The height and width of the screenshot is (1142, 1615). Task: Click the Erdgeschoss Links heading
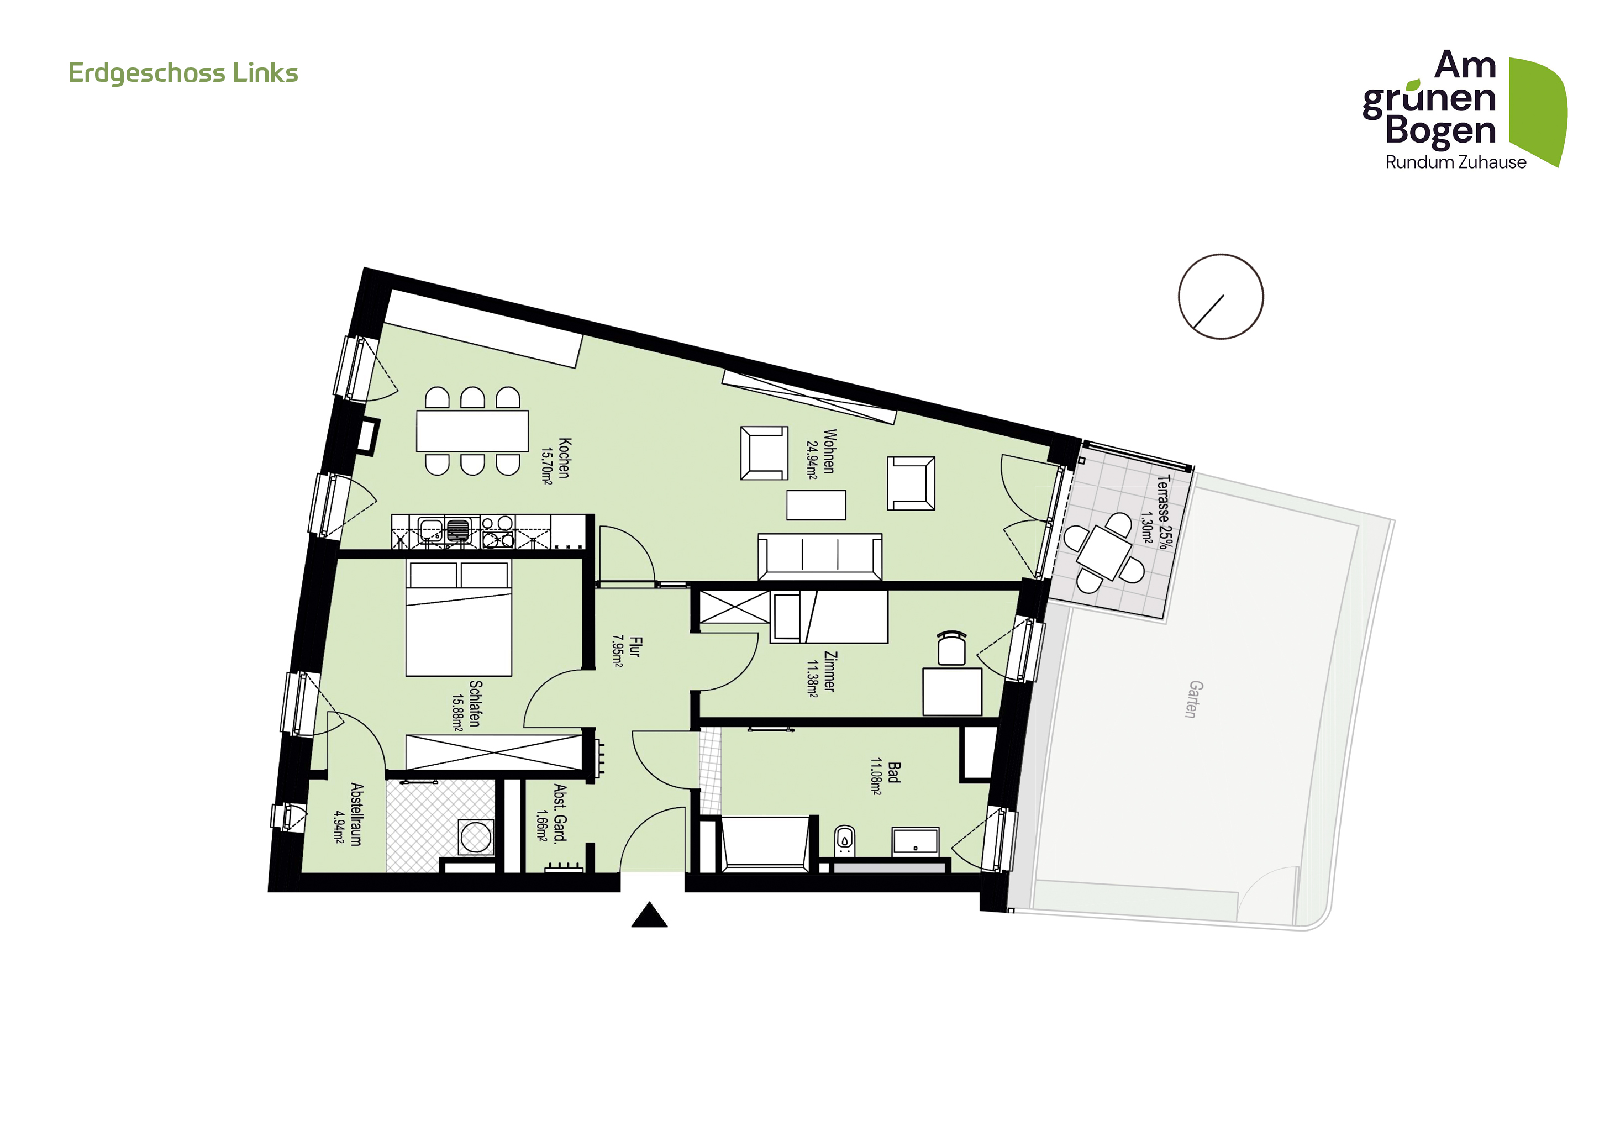pos(183,73)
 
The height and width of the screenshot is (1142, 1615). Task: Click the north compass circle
pos(1221,297)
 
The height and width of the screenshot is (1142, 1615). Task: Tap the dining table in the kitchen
pos(472,431)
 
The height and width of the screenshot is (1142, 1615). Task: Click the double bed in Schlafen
pos(459,618)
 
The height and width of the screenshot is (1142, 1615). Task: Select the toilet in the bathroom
pos(844,840)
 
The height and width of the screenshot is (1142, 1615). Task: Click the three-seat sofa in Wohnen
pos(820,557)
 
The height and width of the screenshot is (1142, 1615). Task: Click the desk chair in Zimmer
pos(951,648)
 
